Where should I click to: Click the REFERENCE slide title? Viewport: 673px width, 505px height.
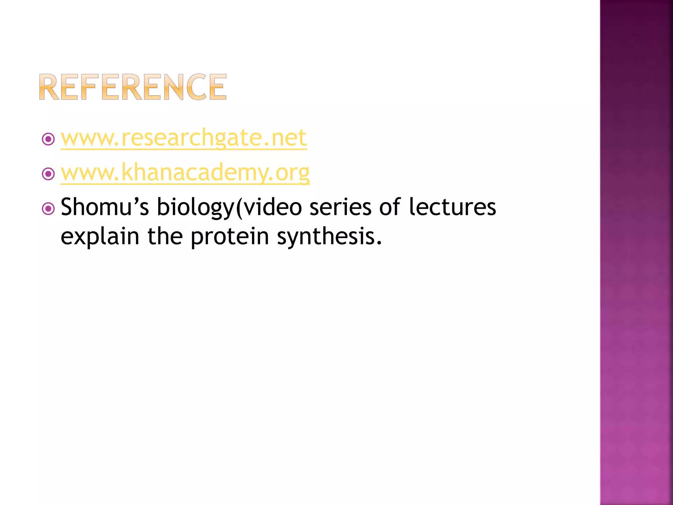click(x=133, y=87)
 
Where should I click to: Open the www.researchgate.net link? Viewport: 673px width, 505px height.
click(x=184, y=138)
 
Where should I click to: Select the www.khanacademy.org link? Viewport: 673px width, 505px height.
click(x=185, y=173)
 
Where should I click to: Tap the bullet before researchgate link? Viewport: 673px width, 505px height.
click(x=48, y=139)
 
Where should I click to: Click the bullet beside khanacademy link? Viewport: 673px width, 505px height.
click(x=48, y=174)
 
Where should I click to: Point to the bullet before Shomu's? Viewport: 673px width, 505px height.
click(x=48, y=208)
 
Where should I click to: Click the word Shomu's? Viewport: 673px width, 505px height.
click(x=105, y=207)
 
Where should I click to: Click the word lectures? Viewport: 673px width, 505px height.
click(x=453, y=207)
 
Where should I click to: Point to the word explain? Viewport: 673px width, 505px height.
click(x=100, y=237)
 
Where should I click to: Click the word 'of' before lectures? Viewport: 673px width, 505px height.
click(x=390, y=207)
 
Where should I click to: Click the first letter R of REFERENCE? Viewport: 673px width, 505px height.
click(x=49, y=87)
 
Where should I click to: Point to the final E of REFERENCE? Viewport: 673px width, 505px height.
click(x=217, y=87)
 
